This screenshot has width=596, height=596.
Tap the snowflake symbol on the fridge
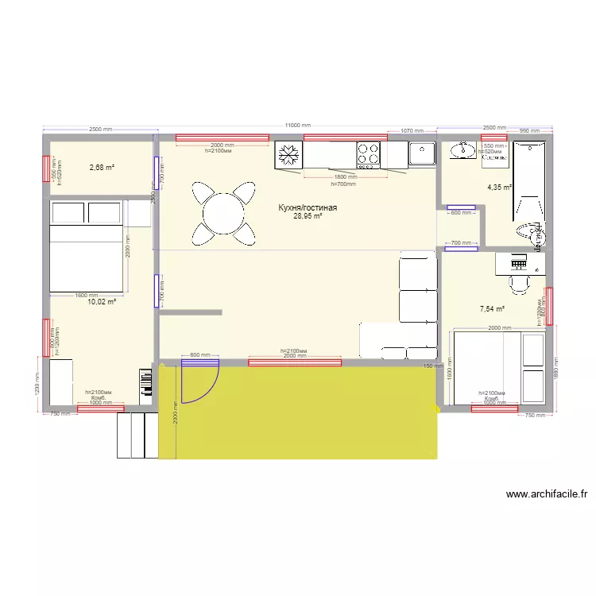[289, 154]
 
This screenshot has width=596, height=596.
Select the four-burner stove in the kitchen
[368, 154]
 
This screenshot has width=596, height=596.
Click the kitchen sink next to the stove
[422, 153]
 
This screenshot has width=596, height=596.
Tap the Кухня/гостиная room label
[308, 207]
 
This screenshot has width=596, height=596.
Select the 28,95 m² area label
[308, 216]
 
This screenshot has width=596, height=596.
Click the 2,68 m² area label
[102, 168]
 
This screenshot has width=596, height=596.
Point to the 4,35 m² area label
[499, 188]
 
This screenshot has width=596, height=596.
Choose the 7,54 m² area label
[492, 309]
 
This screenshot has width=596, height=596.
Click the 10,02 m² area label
[102, 302]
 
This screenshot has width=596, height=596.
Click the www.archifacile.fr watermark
[547, 494]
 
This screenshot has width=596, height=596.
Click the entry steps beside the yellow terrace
[137, 435]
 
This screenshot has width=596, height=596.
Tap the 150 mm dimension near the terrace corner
[429, 366]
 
